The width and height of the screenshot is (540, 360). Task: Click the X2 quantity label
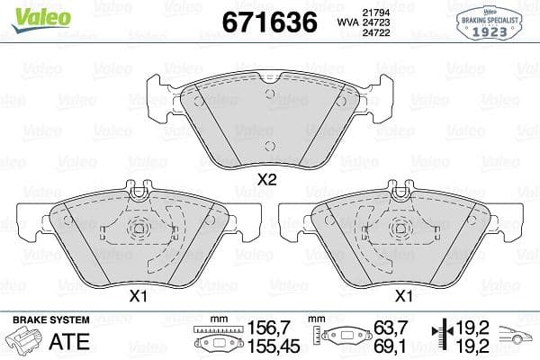(x=265, y=179)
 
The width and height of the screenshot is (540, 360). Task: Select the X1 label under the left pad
(x=139, y=295)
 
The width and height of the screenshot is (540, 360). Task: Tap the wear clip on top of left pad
(x=139, y=190)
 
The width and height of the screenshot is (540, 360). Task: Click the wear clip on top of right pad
(x=401, y=190)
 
